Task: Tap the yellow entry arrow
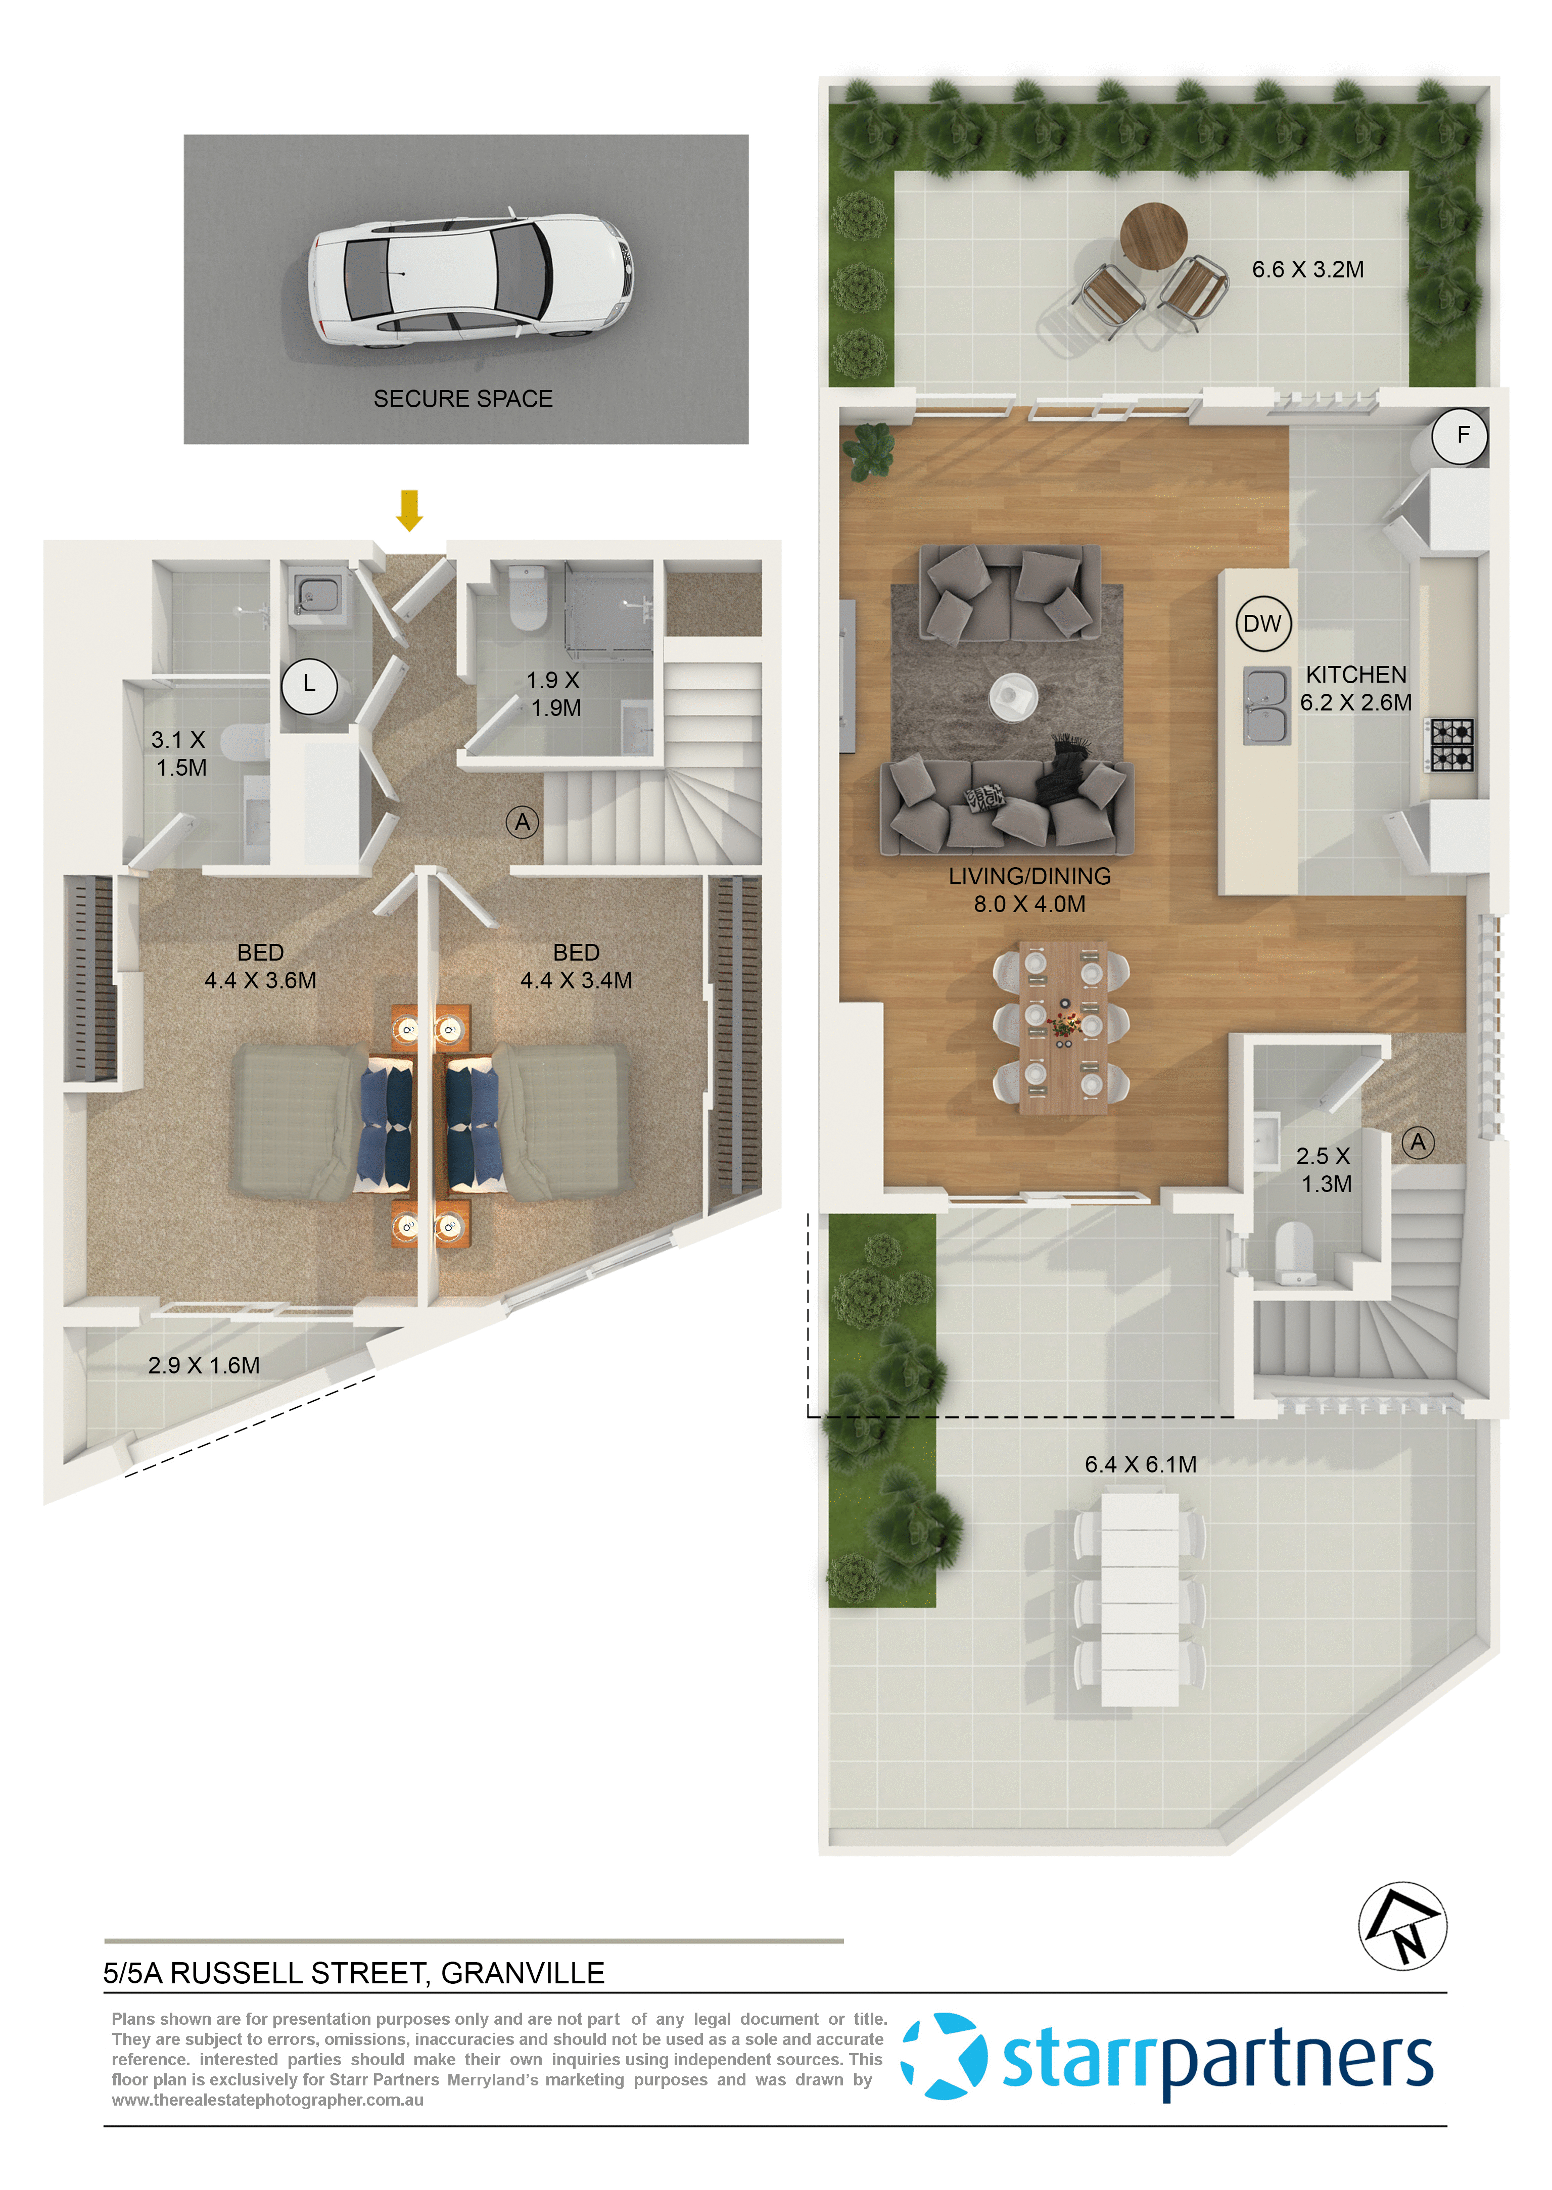tap(409, 509)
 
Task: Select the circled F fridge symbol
tap(1460, 436)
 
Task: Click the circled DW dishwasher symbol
tap(1262, 624)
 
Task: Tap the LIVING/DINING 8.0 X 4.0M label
tap(1029, 889)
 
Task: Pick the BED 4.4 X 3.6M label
tap(260, 966)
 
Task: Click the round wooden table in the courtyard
tap(1153, 235)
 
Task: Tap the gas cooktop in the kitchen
tap(1451, 745)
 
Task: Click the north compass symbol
tap(1402, 1925)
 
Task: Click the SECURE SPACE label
tap(462, 399)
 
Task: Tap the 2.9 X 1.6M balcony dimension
tap(204, 1365)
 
